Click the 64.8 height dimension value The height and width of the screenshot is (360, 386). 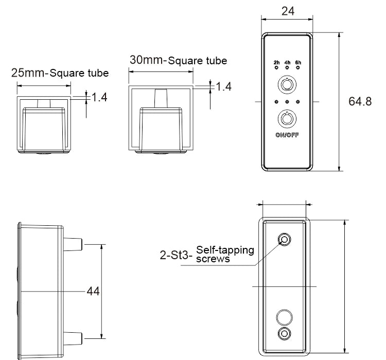(360, 101)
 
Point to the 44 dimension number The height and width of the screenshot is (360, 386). (93, 291)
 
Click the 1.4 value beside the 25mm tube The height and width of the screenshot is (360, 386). (99, 97)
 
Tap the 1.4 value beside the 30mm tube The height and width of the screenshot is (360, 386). (223, 86)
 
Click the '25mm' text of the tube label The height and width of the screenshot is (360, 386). (28, 73)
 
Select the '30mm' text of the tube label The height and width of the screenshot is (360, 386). (147, 60)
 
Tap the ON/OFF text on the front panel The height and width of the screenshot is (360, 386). (287, 136)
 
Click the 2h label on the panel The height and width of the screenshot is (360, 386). (276, 63)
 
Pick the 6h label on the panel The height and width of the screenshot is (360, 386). (298, 63)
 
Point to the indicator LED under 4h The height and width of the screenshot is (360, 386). (287, 68)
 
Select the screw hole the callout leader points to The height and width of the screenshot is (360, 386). (284, 240)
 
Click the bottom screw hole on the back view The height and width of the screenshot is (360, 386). (284, 333)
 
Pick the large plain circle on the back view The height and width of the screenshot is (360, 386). (284, 315)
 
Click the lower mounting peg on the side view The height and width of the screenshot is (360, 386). (74, 338)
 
